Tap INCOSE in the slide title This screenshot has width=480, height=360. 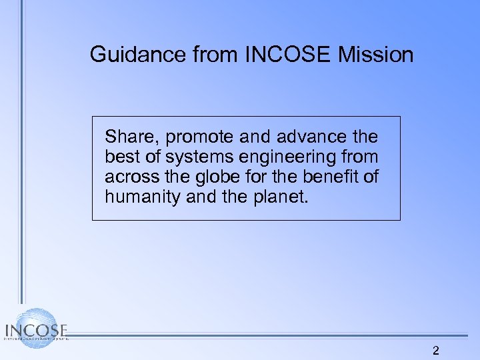tap(289, 55)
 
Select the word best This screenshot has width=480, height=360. tap(119, 157)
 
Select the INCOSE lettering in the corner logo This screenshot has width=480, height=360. tap(37, 331)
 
